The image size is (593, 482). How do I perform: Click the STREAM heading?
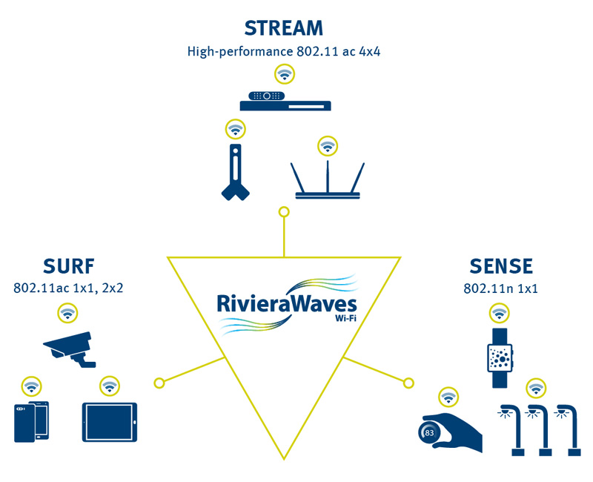point(284,29)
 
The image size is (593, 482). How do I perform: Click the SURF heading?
point(68,265)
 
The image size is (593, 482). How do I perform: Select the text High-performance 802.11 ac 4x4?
point(284,52)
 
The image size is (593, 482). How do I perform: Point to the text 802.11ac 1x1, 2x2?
point(68,287)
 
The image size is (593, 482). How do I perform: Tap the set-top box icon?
point(285,102)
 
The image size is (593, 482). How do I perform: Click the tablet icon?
point(110,422)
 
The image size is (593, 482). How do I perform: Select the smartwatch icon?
point(498,358)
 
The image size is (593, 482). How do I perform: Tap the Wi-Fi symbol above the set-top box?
point(283,73)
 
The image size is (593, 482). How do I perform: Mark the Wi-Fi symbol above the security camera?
point(68,313)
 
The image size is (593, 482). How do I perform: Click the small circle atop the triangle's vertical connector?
point(282,213)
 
